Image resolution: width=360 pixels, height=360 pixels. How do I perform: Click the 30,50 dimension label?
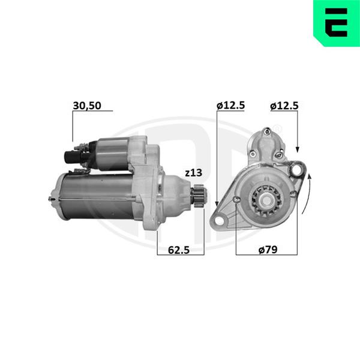87,106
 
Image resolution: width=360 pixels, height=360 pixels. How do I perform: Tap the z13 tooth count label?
194,173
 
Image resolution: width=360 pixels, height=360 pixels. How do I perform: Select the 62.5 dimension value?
179,250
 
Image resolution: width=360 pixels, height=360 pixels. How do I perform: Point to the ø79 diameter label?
268,250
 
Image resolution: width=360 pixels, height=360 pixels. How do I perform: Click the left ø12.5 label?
231,106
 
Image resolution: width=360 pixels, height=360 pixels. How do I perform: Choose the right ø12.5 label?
284,106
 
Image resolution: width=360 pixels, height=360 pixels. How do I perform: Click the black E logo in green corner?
336,23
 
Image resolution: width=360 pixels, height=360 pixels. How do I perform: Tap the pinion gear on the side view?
199,196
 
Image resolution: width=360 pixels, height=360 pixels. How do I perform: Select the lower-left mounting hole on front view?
220,221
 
